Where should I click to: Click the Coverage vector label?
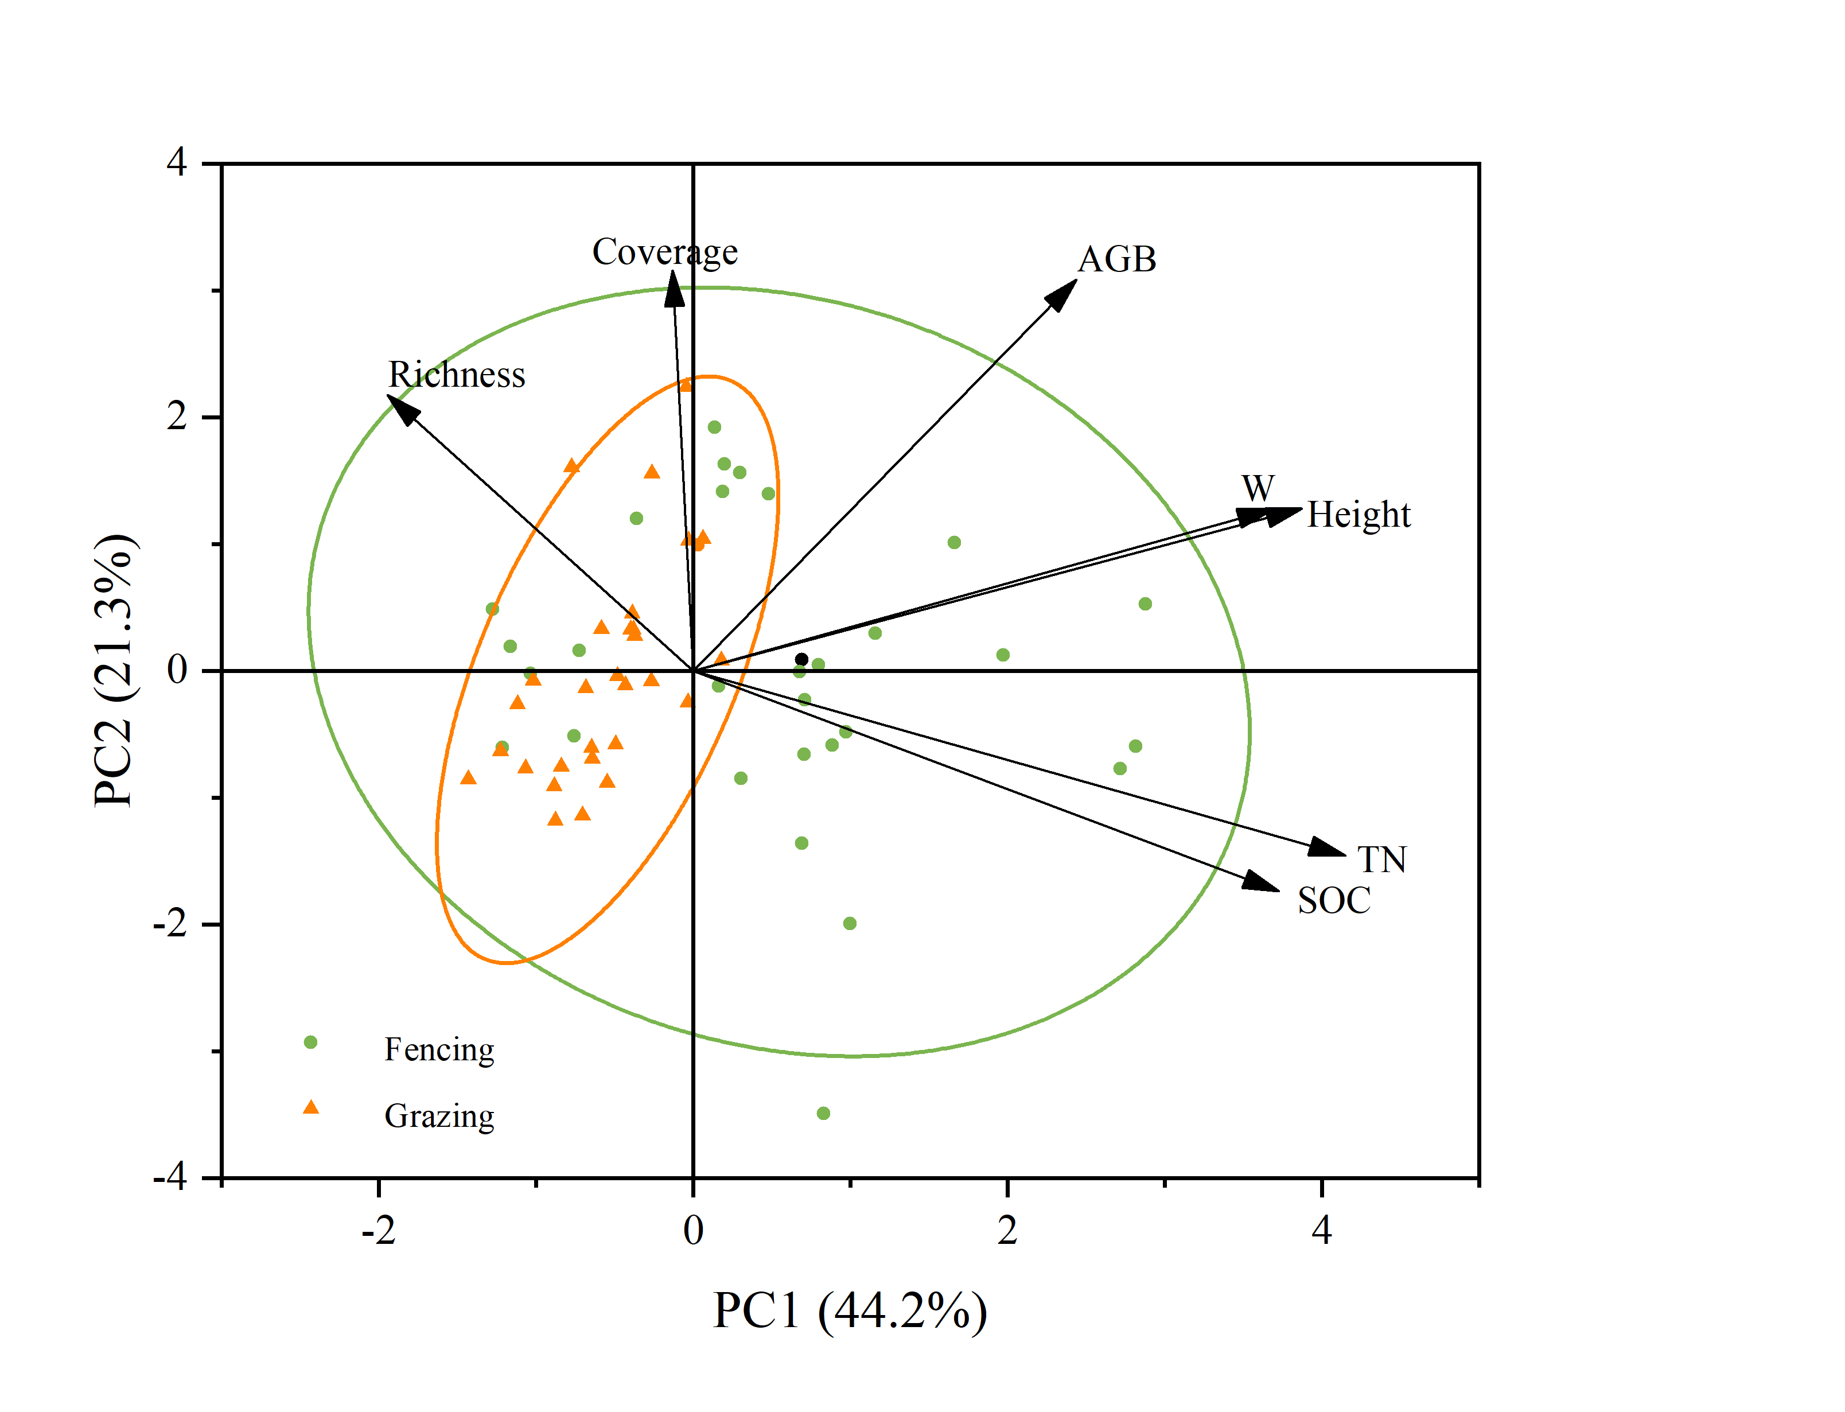pos(664,252)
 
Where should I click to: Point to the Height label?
pos(1359,515)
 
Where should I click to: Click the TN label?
pos(1381,860)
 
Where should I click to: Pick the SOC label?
pos(1333,901)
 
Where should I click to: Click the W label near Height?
pos(1258,488)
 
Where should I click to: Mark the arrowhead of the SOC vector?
pos(1263,882)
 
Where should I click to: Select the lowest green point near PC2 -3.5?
pos(823,1114)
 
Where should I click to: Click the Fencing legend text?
pos(438,1050)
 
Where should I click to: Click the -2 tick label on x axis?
pos(378,1231)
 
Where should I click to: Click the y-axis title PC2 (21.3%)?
pos(114,670)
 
